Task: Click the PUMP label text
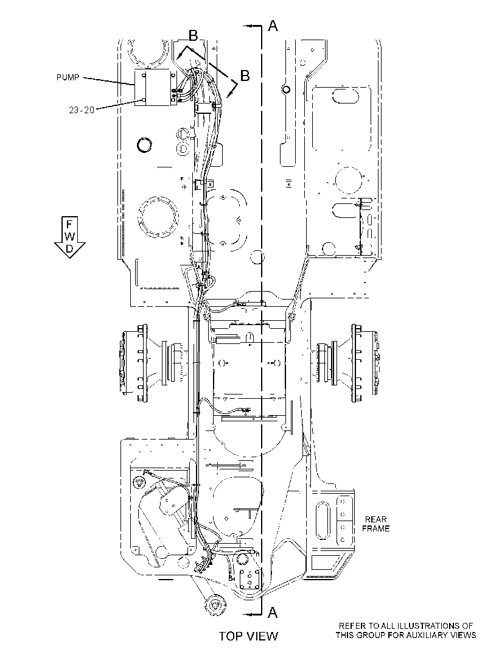point(68,77)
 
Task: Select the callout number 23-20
point(82,110)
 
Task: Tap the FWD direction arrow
point(69,237)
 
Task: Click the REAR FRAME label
point(375,524)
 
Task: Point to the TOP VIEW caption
point(248,636)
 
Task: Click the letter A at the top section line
point(273,26)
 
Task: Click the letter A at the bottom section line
point(273,612)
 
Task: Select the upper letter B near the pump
point(194,36)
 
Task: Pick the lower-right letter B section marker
point(245,75)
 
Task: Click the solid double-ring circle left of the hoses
point(145,145)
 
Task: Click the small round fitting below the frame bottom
point(215,605)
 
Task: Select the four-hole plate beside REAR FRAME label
point(343,521)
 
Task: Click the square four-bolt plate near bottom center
point(250,578)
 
